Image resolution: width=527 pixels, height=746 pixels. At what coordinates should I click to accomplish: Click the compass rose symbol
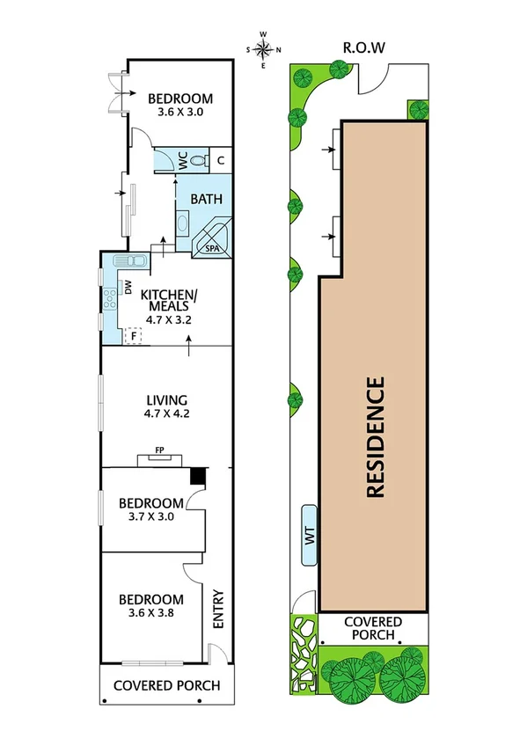(264, 49)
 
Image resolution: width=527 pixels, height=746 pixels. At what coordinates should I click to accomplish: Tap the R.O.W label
(365, 48)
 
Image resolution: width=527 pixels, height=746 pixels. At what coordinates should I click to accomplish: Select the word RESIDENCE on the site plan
(376, 437)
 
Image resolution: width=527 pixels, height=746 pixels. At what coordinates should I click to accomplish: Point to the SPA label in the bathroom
(212, 249)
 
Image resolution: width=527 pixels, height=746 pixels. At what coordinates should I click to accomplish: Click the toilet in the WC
(199, 159)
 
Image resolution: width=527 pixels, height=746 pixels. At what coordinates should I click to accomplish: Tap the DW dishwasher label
(128, 288)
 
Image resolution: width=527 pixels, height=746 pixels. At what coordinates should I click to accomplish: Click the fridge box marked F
(134, 335)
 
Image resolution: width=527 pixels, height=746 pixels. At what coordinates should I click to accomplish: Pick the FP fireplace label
(159, 450)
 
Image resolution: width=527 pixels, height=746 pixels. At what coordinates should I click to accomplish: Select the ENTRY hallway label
(219, 608)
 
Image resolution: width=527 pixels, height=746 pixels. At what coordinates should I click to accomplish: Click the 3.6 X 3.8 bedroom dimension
(150, 614)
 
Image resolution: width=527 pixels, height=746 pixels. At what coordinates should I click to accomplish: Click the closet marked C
(222, 159)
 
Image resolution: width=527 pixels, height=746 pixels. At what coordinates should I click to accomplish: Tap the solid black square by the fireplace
(199, 475)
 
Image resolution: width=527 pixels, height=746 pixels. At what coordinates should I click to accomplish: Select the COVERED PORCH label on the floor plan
(166, 686)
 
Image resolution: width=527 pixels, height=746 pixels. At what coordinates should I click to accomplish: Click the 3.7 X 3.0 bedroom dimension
(151, 516)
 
